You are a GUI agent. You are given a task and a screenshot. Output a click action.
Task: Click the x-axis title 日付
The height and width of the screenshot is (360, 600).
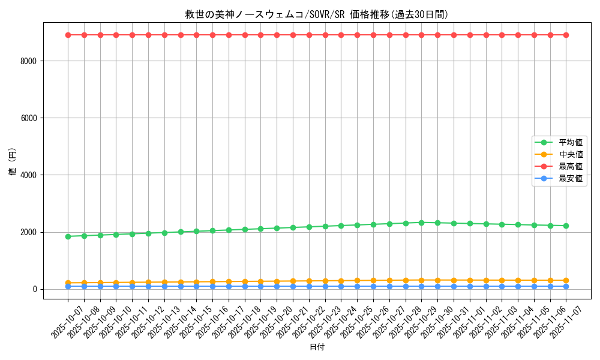coord(317,347)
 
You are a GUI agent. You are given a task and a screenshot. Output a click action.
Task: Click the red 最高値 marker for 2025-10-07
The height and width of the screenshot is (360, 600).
coord(68,35)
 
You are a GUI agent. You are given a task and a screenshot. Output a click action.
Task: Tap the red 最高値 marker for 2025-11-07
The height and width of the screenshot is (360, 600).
coord(566,35)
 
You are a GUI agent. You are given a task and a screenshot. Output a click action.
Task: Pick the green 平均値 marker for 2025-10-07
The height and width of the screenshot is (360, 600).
coord(68,236)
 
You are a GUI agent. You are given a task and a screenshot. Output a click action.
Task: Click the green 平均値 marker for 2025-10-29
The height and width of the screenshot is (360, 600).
coord(421,223)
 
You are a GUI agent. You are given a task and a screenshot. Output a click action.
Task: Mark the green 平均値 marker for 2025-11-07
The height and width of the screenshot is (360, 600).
coord(566,226)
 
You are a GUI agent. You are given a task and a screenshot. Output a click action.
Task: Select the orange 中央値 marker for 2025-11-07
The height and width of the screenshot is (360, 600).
coord(566,280)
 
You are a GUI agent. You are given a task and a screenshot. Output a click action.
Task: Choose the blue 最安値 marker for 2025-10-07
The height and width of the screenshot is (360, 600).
coord(68,286)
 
